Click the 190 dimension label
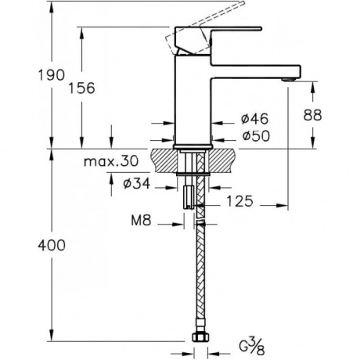click(x=51, y=75)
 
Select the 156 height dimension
click(x=81, y=88)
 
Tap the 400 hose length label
click(x=52, y=245)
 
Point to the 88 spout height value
click(x=312, y=115)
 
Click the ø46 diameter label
click(x=254, y=119)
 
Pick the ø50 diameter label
click(x=256, y=135)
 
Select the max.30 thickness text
click(x=111, y=162)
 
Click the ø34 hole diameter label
click(x=137, y=183)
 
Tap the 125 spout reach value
click(x=239, y=201)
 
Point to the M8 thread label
click(x=141, y=221)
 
